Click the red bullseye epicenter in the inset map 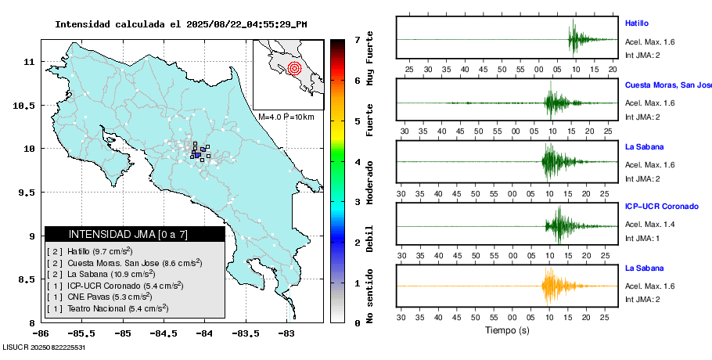click(294, 68)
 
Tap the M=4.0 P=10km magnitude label click(286, 117)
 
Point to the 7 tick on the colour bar click(357, 39)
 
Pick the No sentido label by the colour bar click(370, 297)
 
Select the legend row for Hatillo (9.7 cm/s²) click(90, 251)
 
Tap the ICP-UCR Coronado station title click(661, 207)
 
